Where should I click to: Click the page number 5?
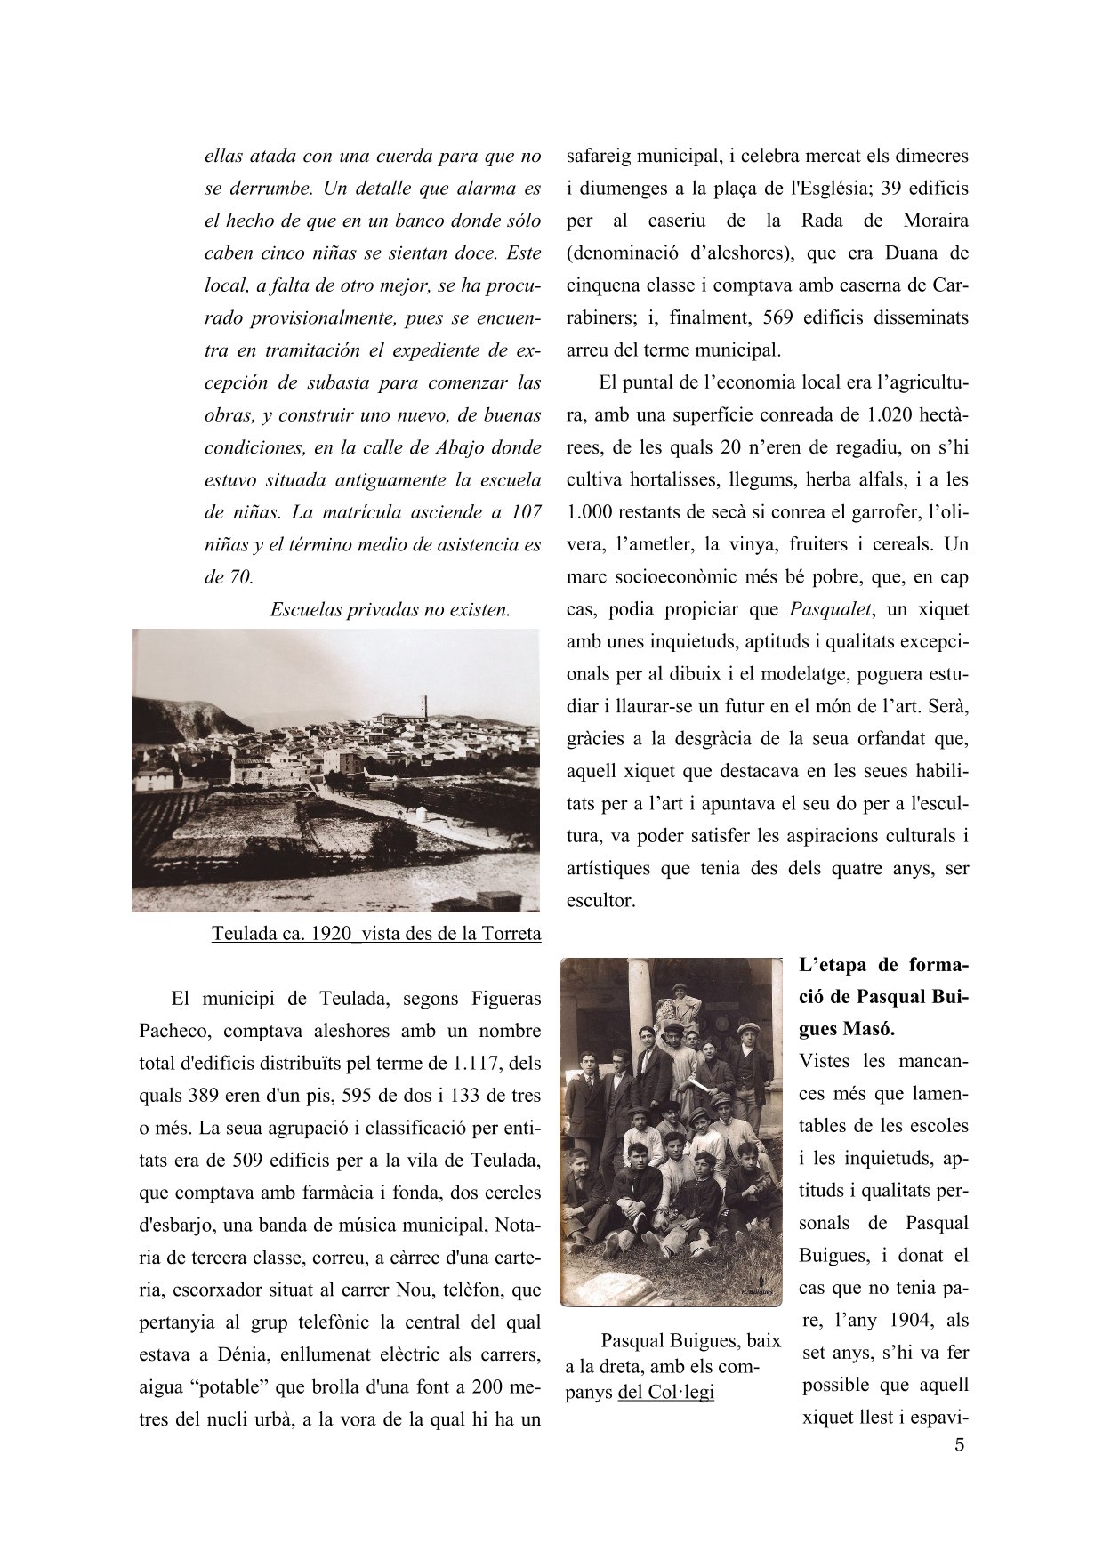pyautogui.click(x=958, y=1445)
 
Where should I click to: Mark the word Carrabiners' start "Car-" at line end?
pyautogui.click(x=951, y=285)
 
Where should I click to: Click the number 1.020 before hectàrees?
pyautogui.click(x=890, y=415)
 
